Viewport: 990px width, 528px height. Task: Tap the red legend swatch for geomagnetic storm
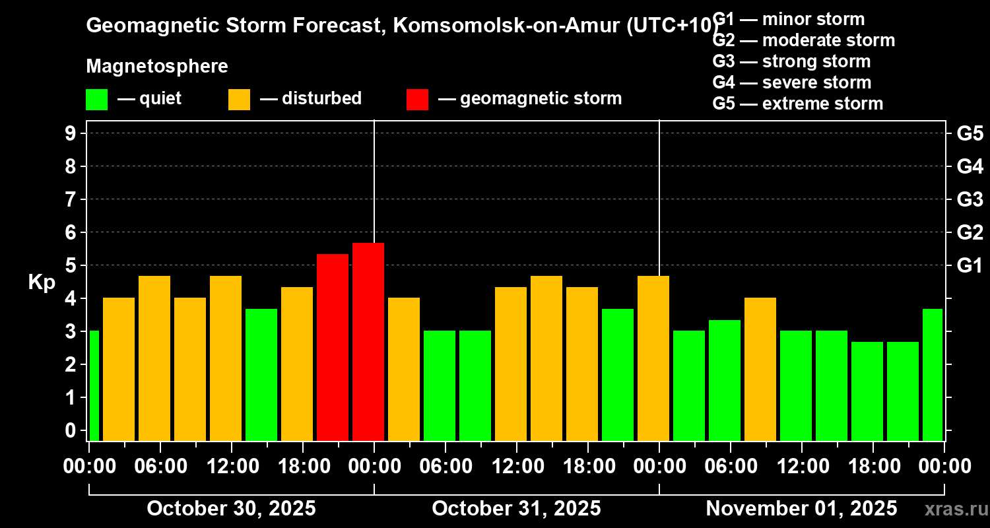point(417,99)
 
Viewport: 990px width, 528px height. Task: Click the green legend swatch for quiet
point(96,99)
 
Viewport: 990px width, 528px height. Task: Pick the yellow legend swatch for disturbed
point(239,99)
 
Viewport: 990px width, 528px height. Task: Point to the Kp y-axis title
point(42,282)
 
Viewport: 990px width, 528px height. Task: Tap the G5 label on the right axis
point(970,133)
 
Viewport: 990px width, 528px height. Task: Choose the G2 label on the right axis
point(970,232)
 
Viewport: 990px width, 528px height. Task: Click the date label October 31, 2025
point(516,508)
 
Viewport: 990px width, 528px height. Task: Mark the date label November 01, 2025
point(801,508)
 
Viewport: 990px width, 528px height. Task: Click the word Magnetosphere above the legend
point(157,67)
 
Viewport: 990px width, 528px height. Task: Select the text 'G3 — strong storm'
point(791,61)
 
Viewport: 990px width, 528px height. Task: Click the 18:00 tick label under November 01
point(873,466)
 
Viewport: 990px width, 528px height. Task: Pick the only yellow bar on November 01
point(760,369)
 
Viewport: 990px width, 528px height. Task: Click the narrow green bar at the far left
point(94,385)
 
